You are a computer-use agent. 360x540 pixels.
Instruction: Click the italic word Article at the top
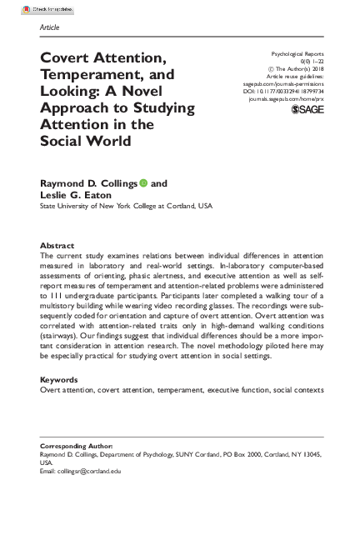(x=49, y=27)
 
